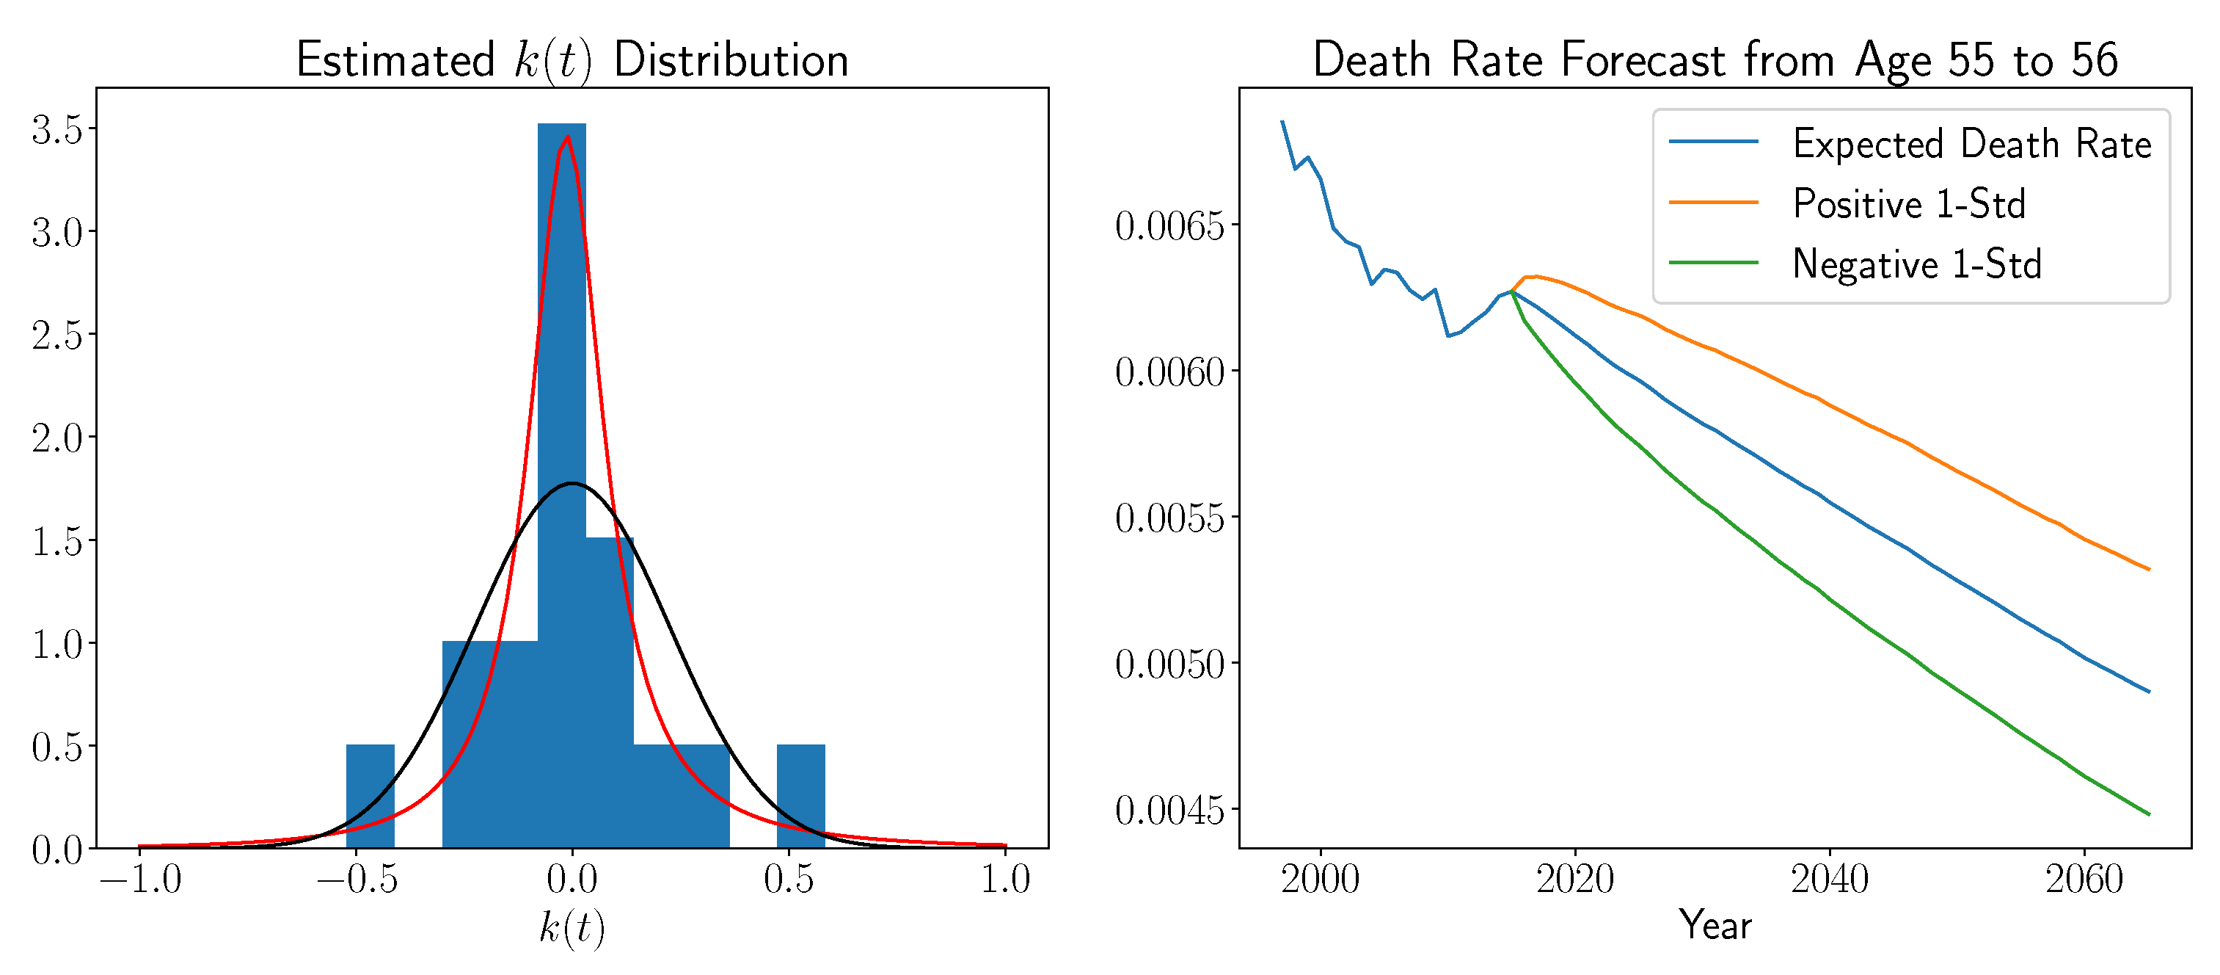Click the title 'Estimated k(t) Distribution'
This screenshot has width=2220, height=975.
click(572, 60)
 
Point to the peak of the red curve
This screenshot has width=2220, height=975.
click(567, 137)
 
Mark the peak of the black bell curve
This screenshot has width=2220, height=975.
click(572, 483)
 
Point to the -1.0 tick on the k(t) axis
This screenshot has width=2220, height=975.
click(140, 880)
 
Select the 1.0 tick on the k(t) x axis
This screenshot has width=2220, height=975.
click(1005, 880)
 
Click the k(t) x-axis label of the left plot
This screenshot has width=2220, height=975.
click(572, 927)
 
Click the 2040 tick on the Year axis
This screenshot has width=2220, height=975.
click(1830, 880)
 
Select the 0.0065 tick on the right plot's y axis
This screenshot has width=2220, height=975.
click(1169, 226)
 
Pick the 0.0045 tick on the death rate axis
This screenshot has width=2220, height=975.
click(1169, 810)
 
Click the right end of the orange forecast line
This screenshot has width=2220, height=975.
click(2150, 569)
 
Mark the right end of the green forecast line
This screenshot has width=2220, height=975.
click(2150, 813)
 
